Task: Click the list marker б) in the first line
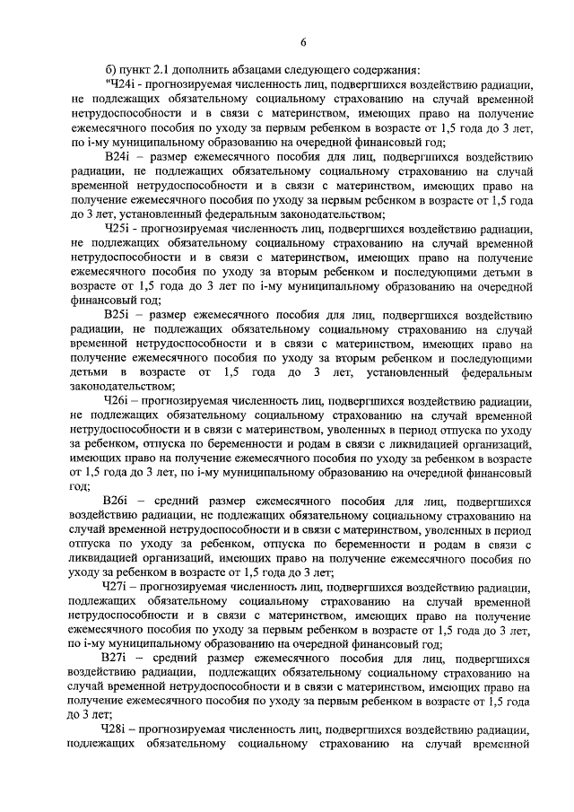(112, 72)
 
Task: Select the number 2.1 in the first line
(167, 72)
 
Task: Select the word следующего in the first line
(333, 72)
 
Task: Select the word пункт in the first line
(135, 72)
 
